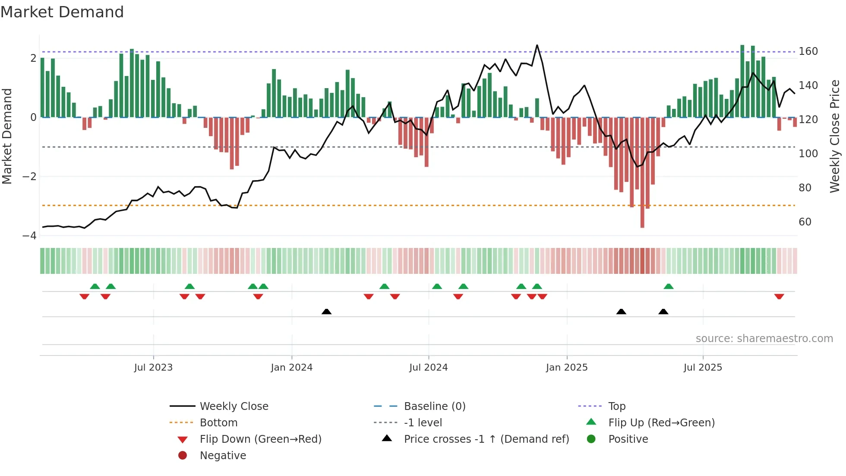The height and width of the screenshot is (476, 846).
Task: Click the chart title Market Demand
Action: (62, 12)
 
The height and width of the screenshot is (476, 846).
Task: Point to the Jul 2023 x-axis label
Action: (153, 368)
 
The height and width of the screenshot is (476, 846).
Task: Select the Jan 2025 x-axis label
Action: (566, 368)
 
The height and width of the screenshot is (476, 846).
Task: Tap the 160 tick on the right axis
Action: (808, 51)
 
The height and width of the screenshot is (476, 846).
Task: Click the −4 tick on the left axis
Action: (29, 236)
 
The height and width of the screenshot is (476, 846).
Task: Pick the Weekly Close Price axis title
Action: (835, 136)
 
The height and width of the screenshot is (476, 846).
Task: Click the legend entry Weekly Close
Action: (234, 406)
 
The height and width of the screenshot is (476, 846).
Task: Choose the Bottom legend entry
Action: (218, 423)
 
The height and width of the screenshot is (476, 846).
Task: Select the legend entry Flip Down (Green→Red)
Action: (260, 439)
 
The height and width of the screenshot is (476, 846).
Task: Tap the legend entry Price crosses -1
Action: (486, 439)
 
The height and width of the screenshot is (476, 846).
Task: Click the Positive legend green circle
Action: (591, 439)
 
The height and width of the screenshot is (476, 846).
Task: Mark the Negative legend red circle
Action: (183, 456)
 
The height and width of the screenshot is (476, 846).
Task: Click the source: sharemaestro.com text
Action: (764, 339)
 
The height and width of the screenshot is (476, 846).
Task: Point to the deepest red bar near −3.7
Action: (642, 216)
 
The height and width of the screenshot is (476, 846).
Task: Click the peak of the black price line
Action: (537, 45)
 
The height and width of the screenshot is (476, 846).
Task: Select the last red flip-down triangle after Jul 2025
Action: (779, 296)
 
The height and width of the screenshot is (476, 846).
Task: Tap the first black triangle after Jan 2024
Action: (327, 311)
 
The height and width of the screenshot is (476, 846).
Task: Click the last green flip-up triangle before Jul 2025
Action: (669, 286)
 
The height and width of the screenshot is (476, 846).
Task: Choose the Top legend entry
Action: (616, 406)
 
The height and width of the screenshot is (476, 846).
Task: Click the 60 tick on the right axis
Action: (805, 222)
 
